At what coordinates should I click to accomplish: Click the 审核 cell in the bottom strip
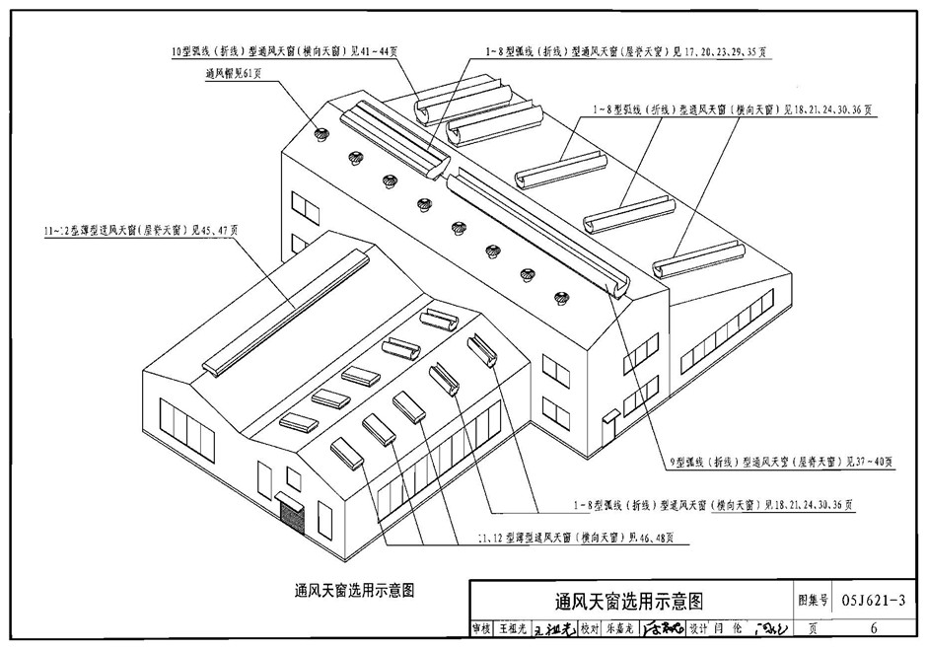click(x=481, y=628)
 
